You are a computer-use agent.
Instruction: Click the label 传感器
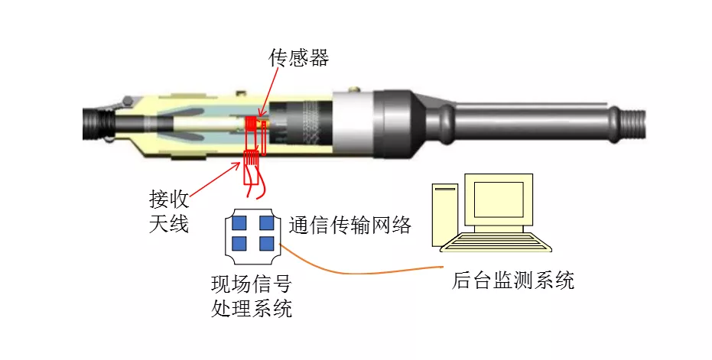pos(299,57)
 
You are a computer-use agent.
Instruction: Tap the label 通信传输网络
pos(350,225)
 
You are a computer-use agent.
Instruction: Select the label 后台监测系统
pos(512,280)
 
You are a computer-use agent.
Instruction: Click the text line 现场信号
pos(251,284)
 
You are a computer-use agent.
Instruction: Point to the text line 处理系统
pos(251,308)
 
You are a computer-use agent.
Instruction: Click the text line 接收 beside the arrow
pos(169,199)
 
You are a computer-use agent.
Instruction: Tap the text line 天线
pos(169,223)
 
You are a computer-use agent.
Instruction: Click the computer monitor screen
pos(499,199)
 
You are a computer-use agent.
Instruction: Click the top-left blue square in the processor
pos(239,223)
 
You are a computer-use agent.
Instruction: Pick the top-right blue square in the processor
pos(267,223)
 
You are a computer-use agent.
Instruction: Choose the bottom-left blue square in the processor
pos(239,243)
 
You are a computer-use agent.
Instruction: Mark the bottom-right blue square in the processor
pos(267,243)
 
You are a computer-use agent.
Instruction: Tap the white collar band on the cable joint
pos(353,124)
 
